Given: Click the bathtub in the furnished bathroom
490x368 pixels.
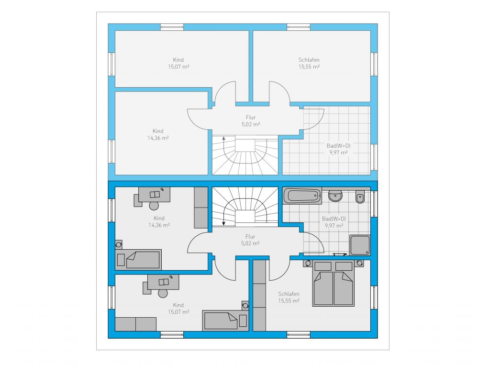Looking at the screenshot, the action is coord(302,196).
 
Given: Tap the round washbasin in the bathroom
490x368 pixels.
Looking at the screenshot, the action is coord(335,195).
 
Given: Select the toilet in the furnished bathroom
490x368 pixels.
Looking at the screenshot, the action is coord(360,197).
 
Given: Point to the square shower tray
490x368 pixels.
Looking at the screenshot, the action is coord(360,245).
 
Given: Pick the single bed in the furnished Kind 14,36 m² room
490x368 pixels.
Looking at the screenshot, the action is coord(138,260).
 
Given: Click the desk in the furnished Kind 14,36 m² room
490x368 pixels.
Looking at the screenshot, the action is coord(155,195).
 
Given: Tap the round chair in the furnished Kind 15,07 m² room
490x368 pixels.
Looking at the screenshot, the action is coord(163,294).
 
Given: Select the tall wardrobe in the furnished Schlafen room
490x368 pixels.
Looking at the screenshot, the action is coord(259,295).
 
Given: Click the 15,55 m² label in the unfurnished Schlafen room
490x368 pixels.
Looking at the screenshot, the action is coord(309,67).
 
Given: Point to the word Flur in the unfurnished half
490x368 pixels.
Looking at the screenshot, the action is coord(251,117).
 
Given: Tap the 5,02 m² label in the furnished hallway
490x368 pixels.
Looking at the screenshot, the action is coord(250,243).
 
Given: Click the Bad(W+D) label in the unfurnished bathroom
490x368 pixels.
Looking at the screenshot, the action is coord(338,146).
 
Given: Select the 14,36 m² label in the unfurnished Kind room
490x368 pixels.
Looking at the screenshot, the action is coord(158,138).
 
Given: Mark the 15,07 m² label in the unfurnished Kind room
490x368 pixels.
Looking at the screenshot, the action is coord(178,67).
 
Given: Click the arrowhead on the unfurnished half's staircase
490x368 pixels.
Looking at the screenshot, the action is coord(223,138).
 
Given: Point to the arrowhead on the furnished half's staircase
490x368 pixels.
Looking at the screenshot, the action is coord(223,223).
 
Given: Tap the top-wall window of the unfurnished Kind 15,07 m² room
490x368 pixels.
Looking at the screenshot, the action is coord(172,27).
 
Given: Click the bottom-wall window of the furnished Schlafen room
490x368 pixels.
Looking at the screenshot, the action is coord(299,335).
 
